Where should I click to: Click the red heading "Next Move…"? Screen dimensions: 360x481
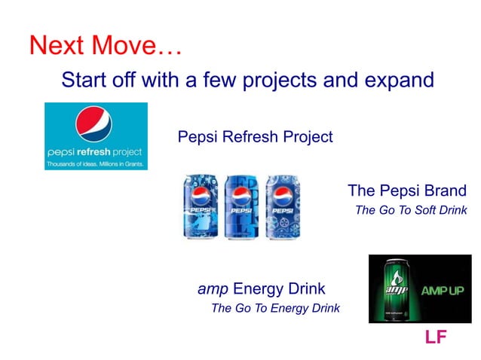pos(106,45)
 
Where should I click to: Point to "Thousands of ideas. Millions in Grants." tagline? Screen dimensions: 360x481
pos(96,163)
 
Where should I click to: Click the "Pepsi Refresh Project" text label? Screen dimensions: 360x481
pos(255,137)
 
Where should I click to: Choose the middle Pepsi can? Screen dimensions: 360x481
pos(241,206)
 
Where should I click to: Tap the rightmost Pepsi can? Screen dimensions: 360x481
pos(283,206)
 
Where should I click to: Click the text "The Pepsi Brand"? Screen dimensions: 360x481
pos(406,190)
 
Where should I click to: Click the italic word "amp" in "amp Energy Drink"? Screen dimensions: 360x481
pos(213,288)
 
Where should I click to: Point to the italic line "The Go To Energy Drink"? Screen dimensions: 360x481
pos(275,307)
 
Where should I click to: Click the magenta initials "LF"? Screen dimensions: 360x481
pos(436,337)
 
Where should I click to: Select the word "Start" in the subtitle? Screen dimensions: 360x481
pos(82,79)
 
